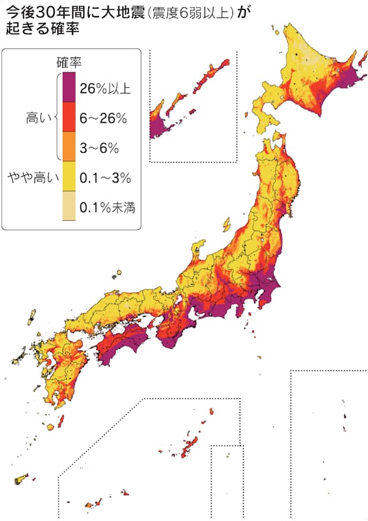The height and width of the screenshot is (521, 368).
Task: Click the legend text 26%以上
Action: pyautogui.click(x=106, y=89)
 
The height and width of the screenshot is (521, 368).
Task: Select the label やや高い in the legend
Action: pyautogui.click(x=31, y=178)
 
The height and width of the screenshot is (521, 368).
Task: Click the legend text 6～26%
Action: pyautogui.click(x=103, y=118)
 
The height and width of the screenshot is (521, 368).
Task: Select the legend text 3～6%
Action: pyautogui.click(x=99, y=148)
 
